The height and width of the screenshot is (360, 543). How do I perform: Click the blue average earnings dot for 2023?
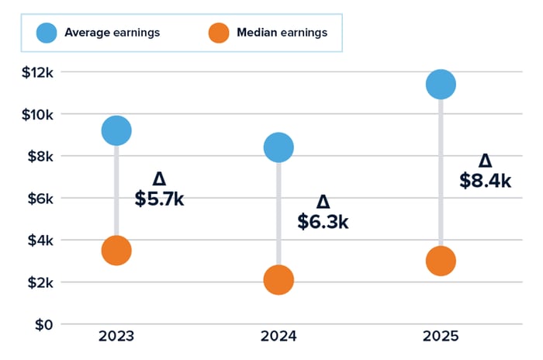pyautogui.click(x=116, y=130)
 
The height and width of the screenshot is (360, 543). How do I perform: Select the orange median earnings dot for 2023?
pyautogui.click(x=116, y=251)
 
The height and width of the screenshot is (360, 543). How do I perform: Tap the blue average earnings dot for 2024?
pyautogui.click(x=278, y=147)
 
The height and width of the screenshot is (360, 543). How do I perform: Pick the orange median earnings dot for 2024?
pyautogui.click(x=278, y=280)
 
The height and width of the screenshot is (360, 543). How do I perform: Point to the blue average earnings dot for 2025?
pyautogui.click(x=441, y=85)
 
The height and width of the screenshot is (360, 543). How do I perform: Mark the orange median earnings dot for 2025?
pyautogui.click(x=441, y=261)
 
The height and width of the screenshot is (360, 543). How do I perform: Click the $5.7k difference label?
pyautogui.click(x=159, y=199)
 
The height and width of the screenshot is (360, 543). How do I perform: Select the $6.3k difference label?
pyautogui.click(x=323, y=221)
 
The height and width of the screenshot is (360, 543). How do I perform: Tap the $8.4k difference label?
pyautogui.click(x=485, y=180)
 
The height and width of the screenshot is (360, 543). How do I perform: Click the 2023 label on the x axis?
pyautogui.click(x=116, y=337)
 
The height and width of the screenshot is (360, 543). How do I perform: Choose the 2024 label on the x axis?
pyautogui.click(x=278, y=337)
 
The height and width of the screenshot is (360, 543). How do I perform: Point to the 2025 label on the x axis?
pyautogui.click(x=441, y=337)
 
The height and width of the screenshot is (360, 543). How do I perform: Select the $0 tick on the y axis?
pyautogui.click(x=42, y=324)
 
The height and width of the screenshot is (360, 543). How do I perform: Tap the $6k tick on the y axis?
pyautogui.click(x=36, y=199)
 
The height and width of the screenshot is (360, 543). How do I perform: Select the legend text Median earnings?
pyautogui.click(x=282, y=33)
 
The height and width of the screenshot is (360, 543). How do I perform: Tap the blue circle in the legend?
pyautogui.click(x=46, y=33)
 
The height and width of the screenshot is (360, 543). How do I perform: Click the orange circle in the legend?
pyautogui.click(x=220, y=33)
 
